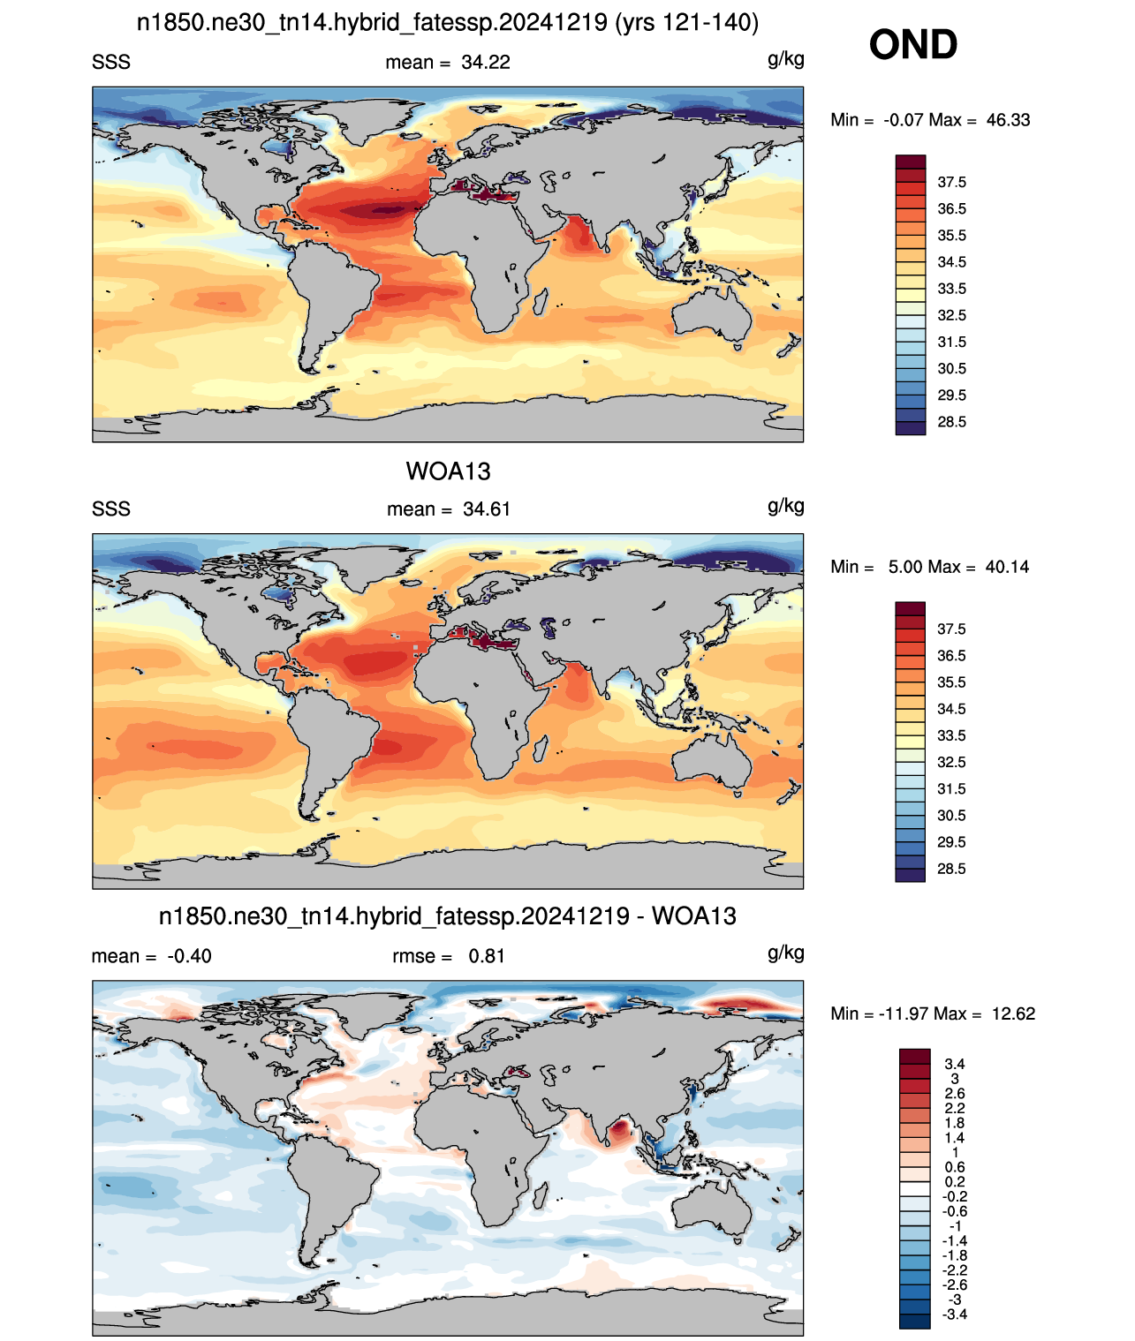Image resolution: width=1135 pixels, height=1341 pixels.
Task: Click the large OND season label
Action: (912, 45)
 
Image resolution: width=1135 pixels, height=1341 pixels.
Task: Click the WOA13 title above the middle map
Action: (448, 471)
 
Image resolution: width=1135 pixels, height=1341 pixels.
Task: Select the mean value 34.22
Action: (486, 63)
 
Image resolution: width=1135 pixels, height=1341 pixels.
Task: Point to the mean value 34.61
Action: (486, 509)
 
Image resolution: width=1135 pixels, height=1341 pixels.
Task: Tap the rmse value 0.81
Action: (486, 956)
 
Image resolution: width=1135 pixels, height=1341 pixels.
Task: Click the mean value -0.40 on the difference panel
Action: (189, 956)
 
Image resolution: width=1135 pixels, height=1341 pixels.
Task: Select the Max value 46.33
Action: (1008, 120)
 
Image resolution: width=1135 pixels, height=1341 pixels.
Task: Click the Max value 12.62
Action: (1013, 1014)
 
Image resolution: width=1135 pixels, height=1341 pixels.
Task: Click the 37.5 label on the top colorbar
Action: (951, 183)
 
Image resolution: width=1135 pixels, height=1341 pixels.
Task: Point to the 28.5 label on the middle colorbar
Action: (951, 869)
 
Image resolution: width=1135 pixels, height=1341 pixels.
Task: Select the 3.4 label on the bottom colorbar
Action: (955, 1064)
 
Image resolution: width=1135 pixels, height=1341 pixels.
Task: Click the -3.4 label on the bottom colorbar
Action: (955, 1315)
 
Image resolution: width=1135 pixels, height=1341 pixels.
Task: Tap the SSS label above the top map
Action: (111, 63)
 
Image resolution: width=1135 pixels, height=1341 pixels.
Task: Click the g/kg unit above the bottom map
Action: (785, 953)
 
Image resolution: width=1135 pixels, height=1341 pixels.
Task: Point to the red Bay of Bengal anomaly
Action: (619, 1129)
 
